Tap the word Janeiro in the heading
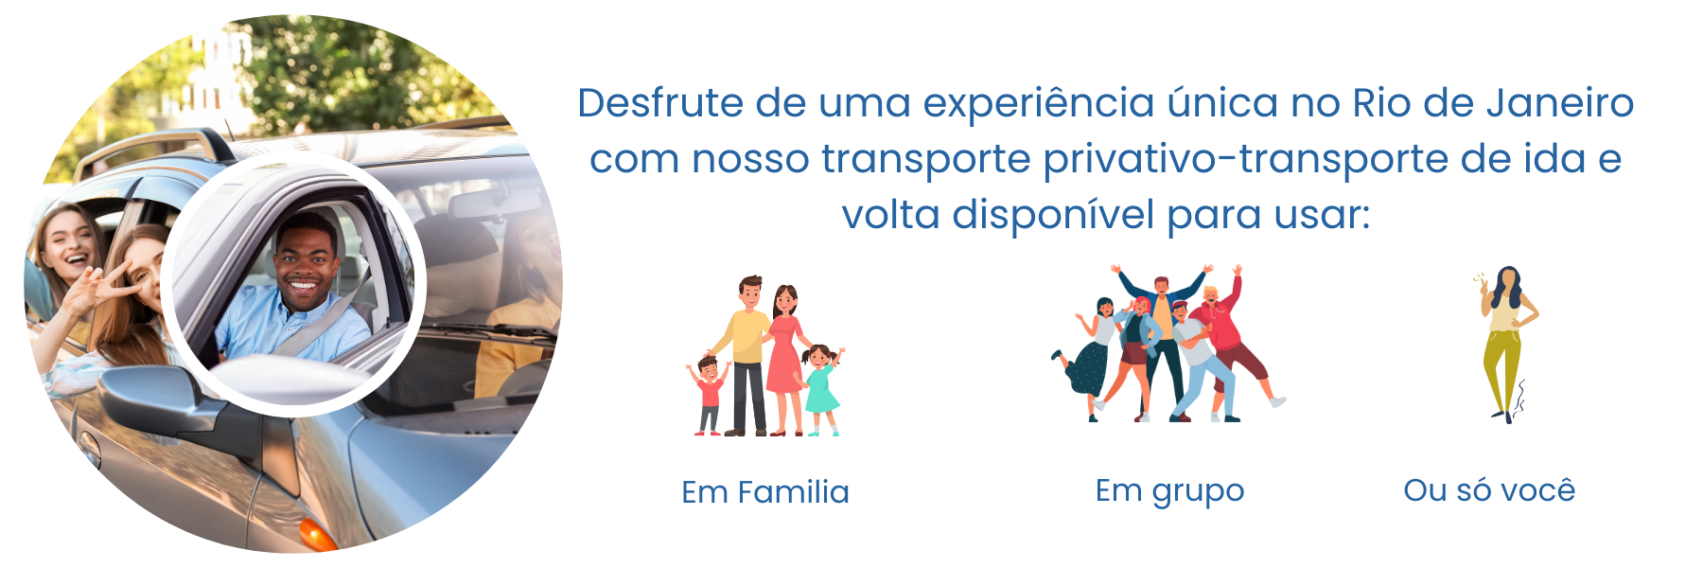pyautogui.click(x=1560, y=103)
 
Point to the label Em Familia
pyautogui.click(x=765, y=492)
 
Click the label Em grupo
pyautogui.click(x=1169, y=491)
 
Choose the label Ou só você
pyautogui.click(x=1489, y=490)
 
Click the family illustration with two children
pyautogui.click(x=764, y=356)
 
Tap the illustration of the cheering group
pyautogui.click(x=1168, y=344)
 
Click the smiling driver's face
pyautogui.click(x=305, y=265)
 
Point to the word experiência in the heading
pyautogui.click(x=1039, y=103)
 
